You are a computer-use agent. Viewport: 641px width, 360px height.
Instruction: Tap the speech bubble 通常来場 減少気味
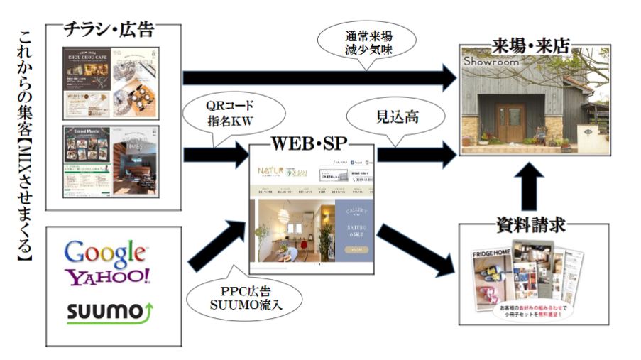point(368,43)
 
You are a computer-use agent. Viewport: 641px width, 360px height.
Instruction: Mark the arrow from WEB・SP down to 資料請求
point(415,249)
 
